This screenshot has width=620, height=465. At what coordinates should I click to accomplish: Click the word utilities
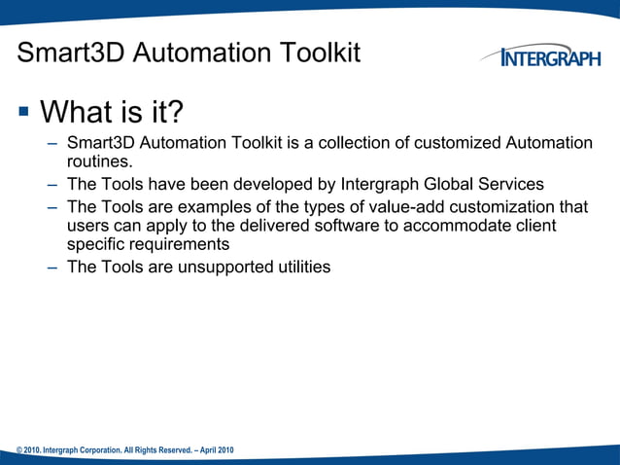coord(298,267)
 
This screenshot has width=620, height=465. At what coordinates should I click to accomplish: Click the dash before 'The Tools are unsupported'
coord(50,267)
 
